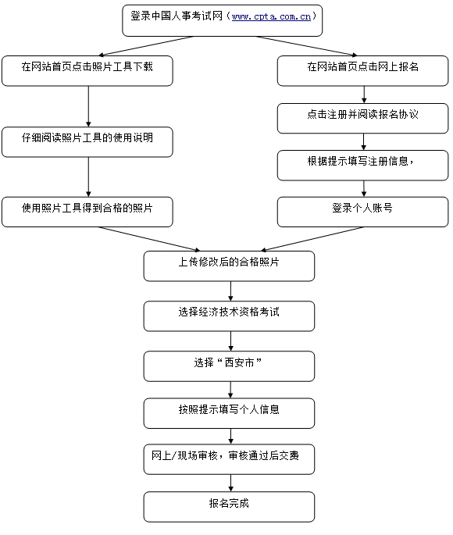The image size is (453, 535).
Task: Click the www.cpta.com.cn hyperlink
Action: (x=273, y=16)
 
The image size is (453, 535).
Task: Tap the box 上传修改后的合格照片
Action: (x=229, y=266)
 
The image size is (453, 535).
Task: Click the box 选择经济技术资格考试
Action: (x=229, y=316)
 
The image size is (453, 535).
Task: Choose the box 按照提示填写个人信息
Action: (x=229, y=412)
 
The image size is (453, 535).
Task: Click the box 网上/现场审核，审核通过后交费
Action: (x=229, y=458)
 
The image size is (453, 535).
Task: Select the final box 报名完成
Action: (x=229, y=506)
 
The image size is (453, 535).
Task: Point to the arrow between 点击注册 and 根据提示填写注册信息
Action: (x=363, y=141)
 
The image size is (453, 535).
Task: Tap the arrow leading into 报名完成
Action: (x=230, y=483)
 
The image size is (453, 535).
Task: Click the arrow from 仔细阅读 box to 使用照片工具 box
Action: (x=87, y=177)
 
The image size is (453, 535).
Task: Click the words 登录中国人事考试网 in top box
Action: (x=177, y=16)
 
